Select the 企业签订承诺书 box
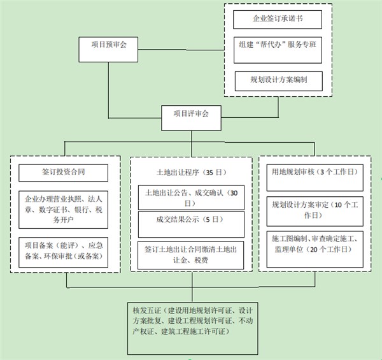click(278, 19)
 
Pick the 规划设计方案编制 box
click(278, 81)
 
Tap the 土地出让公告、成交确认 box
click(191, 197)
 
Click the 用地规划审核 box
click(312, 172)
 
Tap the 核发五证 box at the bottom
click(190, 328)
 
